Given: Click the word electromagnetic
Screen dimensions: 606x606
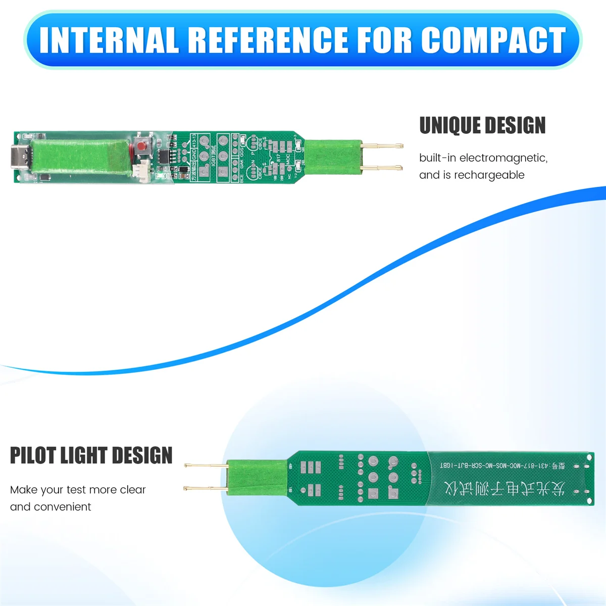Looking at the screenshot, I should (x=503, y=158).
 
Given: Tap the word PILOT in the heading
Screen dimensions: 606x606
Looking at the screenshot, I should (x=33, y=456).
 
